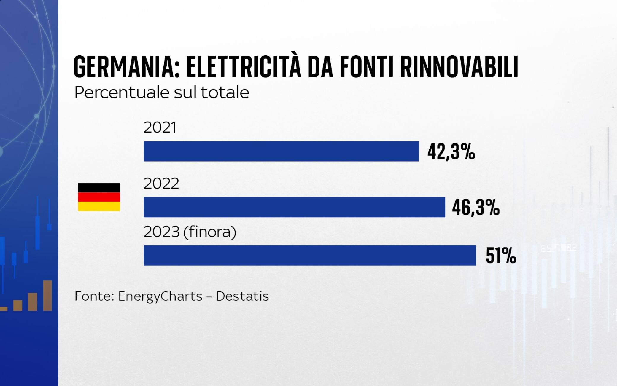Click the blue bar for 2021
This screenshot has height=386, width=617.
click(281, 151)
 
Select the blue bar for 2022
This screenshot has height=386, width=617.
click(294, 207)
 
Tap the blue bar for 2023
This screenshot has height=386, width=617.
click(310, 255)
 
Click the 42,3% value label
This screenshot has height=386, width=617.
click(451, 151)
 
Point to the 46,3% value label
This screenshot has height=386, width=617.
click(476, 207)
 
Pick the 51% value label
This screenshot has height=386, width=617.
click(501, 255)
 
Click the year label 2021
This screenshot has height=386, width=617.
click(160, 127)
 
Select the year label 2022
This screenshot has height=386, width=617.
click(161, 184)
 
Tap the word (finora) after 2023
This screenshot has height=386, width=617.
click(210, 232)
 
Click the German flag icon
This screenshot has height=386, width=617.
click(99, 197)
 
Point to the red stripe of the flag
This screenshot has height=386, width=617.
click(99, 197)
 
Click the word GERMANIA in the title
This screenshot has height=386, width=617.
click(127, 67)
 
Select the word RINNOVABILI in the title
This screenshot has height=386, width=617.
click(459, 67)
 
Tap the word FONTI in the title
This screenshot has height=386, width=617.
click(366, 67)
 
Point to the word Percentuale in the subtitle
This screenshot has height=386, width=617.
click(122, 92)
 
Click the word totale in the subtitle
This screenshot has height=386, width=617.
click(225, 92)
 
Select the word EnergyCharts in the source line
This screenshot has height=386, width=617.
click(160, 296)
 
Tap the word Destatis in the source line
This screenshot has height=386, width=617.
click(242, 296)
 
